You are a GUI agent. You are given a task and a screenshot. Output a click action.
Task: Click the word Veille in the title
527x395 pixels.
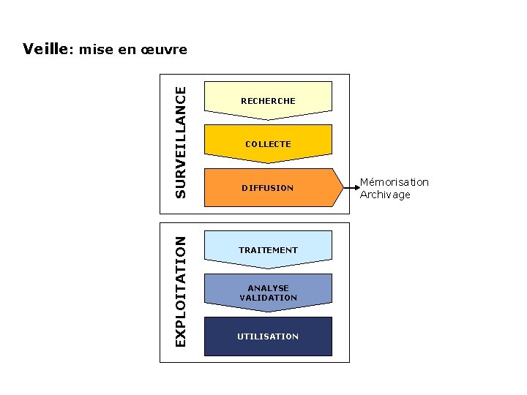45,49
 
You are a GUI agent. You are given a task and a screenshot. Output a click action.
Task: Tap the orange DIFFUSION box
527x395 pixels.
268,187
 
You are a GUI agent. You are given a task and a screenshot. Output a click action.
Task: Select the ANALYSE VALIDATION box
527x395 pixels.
268,293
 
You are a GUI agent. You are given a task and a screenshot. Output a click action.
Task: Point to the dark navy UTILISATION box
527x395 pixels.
268,336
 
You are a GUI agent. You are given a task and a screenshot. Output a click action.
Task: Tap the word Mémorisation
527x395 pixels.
395,182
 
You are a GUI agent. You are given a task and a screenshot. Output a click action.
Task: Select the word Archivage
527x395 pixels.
385,195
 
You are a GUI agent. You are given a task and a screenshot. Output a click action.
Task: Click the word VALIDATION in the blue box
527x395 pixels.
268,298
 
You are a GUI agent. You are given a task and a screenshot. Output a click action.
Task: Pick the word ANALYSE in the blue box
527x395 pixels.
268,288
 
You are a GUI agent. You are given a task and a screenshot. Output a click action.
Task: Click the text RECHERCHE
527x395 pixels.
268,101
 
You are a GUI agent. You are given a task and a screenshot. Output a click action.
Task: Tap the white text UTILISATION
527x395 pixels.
268,336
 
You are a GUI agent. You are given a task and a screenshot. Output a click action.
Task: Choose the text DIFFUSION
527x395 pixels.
268,188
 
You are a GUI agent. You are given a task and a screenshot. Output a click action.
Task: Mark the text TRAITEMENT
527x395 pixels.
268,250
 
